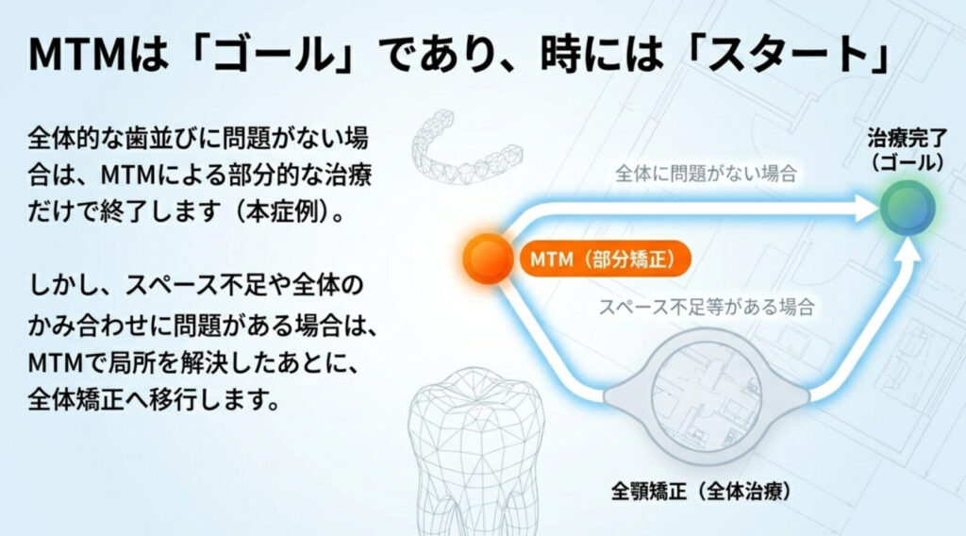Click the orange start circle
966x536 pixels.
tap(488, 258)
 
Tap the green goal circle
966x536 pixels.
tap(908, 209)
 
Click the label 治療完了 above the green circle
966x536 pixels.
tap(906, 141)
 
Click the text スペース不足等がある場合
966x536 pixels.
tap(708, 307)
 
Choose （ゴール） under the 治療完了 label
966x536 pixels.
tap(906, 161)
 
